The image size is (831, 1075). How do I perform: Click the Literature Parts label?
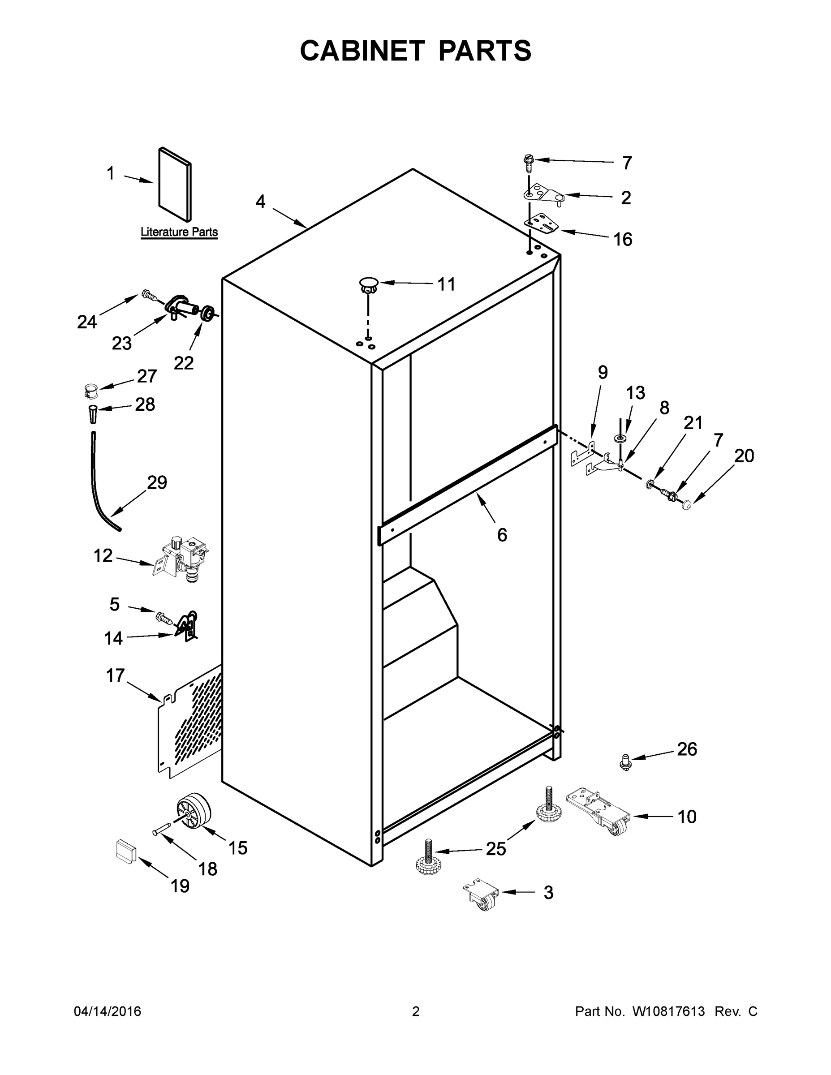[179, 232]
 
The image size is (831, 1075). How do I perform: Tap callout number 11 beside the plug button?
[447, 284]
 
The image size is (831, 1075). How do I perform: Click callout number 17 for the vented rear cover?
[116, 675]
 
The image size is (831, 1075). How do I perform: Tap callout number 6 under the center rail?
[502, 534]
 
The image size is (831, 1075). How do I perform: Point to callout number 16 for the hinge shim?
[623, 239]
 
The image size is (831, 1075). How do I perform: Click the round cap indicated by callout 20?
[687, 504]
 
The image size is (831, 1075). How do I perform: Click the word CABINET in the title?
[362, 51]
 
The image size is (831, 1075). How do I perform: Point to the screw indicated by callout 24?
[148, 295]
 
